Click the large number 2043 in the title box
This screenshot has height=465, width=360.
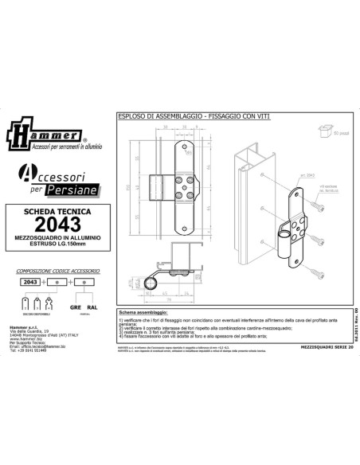click(x=54, y=229)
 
